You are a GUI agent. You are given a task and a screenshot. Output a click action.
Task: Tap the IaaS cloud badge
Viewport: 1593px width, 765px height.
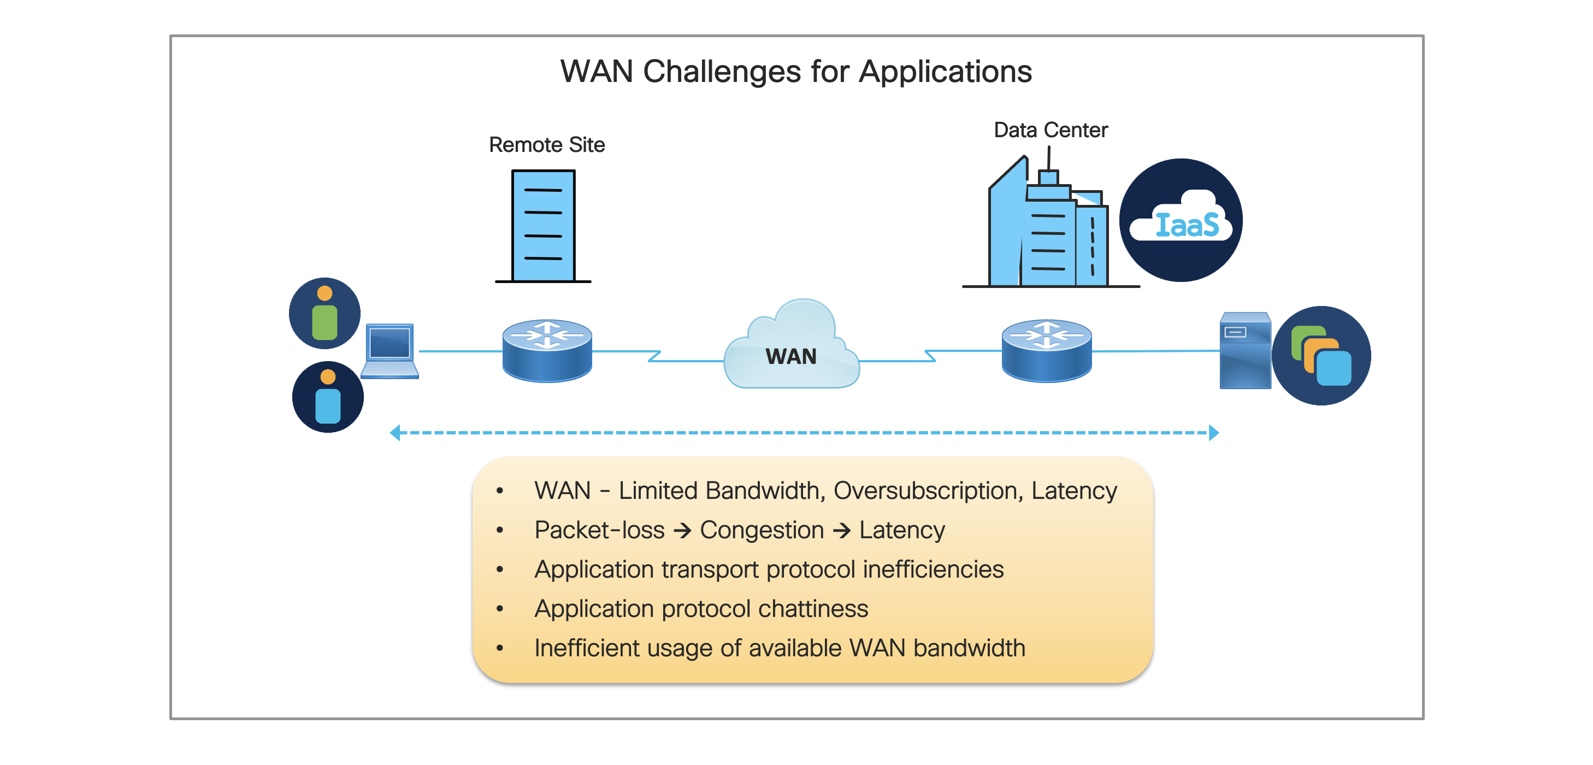click(x=1181, y=220)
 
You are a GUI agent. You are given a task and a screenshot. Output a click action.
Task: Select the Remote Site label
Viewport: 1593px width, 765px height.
click(x=547, y=145)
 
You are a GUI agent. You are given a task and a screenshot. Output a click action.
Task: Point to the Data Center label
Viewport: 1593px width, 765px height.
click(x=1050, y=130)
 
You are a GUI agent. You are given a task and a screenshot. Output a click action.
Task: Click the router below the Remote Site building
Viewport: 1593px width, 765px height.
click(x=547, y=350)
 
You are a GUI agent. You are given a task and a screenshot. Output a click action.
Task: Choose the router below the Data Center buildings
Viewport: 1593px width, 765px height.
click(x=1046, y=350)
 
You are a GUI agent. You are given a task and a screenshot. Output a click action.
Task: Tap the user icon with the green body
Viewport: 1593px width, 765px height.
click(x=324, y=313)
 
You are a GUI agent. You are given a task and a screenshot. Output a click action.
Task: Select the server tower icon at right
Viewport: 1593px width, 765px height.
click(x=1245, y=351)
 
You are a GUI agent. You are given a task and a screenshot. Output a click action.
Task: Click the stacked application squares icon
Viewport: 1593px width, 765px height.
click(x=1321, y=356)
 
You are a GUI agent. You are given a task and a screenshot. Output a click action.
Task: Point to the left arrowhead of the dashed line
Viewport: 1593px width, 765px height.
click(x=395, y=433)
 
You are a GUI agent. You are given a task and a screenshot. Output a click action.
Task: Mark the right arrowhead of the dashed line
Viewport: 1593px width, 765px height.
click(x=1214, y=433)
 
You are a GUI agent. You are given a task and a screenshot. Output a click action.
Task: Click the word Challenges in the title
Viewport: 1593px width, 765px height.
click(x=722, y=72)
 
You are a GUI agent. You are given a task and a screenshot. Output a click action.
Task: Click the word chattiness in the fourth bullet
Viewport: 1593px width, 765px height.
click(x=813, y=609)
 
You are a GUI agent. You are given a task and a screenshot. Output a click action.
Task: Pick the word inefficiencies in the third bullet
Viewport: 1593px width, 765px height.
click(x=933, y=569)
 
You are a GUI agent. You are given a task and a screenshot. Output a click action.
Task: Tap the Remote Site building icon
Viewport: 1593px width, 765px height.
click(x=544, y=226)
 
